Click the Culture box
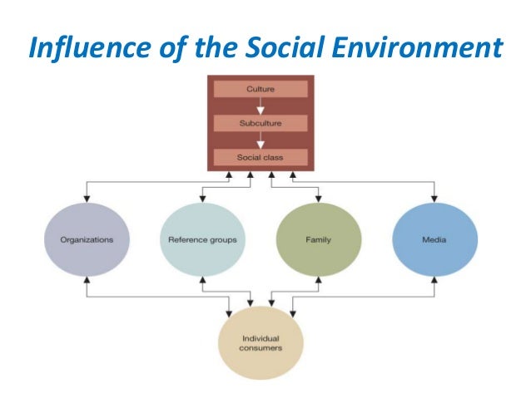261,88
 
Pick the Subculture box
261,123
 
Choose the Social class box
261,157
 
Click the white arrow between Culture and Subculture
261,106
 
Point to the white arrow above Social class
261,140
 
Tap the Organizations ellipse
86,239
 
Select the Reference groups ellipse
202,239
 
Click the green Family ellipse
319,239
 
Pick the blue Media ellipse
434,239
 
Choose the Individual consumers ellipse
261,343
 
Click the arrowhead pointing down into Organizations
86,199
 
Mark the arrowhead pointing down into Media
434,199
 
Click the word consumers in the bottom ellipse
261,349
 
